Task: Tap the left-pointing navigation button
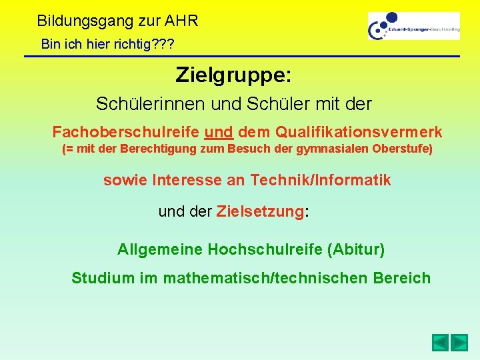point(439,343)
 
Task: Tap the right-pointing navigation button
point(459,343)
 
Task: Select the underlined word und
point(219,131)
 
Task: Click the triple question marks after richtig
point(160,45)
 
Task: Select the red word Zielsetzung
point(260,212)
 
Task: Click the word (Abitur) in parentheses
point(355,249)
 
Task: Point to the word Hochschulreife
point(265,249)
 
